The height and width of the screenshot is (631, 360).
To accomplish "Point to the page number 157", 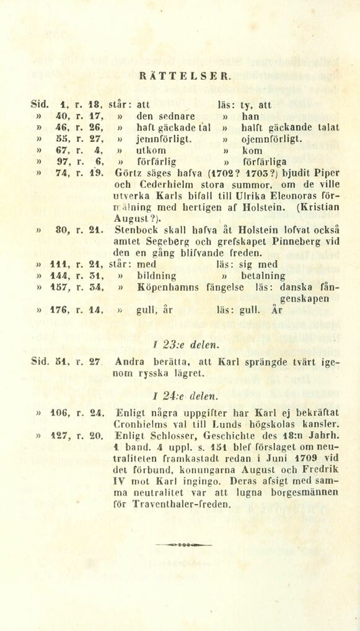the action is (59, 287).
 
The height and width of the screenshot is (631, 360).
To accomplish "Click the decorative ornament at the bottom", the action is (183, 544).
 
